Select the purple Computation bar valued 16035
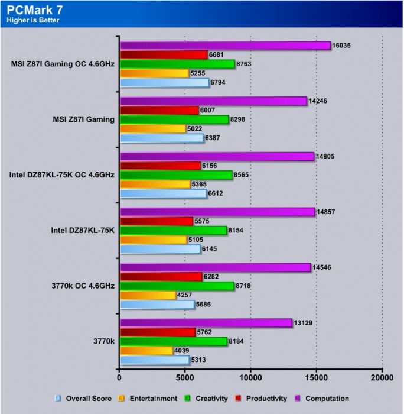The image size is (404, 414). [x=225, y=45]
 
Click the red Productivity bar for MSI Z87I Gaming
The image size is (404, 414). [x=159, y=110]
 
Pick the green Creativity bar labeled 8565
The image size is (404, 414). [x=176, y=175]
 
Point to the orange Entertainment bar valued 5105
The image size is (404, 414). [x=154, y=240]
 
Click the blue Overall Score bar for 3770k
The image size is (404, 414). [x=155, y=360]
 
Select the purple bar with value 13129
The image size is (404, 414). [x=206, y=322]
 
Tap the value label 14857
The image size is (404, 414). [x=328, y=212]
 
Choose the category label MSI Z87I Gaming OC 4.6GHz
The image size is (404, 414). [x=63, y=64]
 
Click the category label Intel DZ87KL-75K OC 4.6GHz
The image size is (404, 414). [x=62, y=175]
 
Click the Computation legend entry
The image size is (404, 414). [x=323, y=399]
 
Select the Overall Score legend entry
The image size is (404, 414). [x=83, y=399]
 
